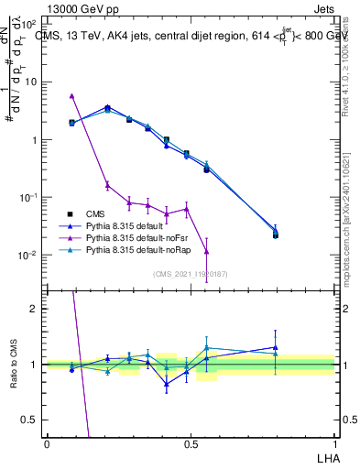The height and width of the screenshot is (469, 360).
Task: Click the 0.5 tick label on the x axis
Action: pos(191,442)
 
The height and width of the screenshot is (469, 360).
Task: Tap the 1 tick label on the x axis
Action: pos(334,442)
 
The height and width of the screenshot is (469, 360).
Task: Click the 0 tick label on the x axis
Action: pos(47,442)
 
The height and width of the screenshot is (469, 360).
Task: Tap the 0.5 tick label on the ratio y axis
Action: pos(32,420)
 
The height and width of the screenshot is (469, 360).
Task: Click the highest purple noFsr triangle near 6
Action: pos(71,95)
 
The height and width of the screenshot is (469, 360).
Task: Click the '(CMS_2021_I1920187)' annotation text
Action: pos(190,273)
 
